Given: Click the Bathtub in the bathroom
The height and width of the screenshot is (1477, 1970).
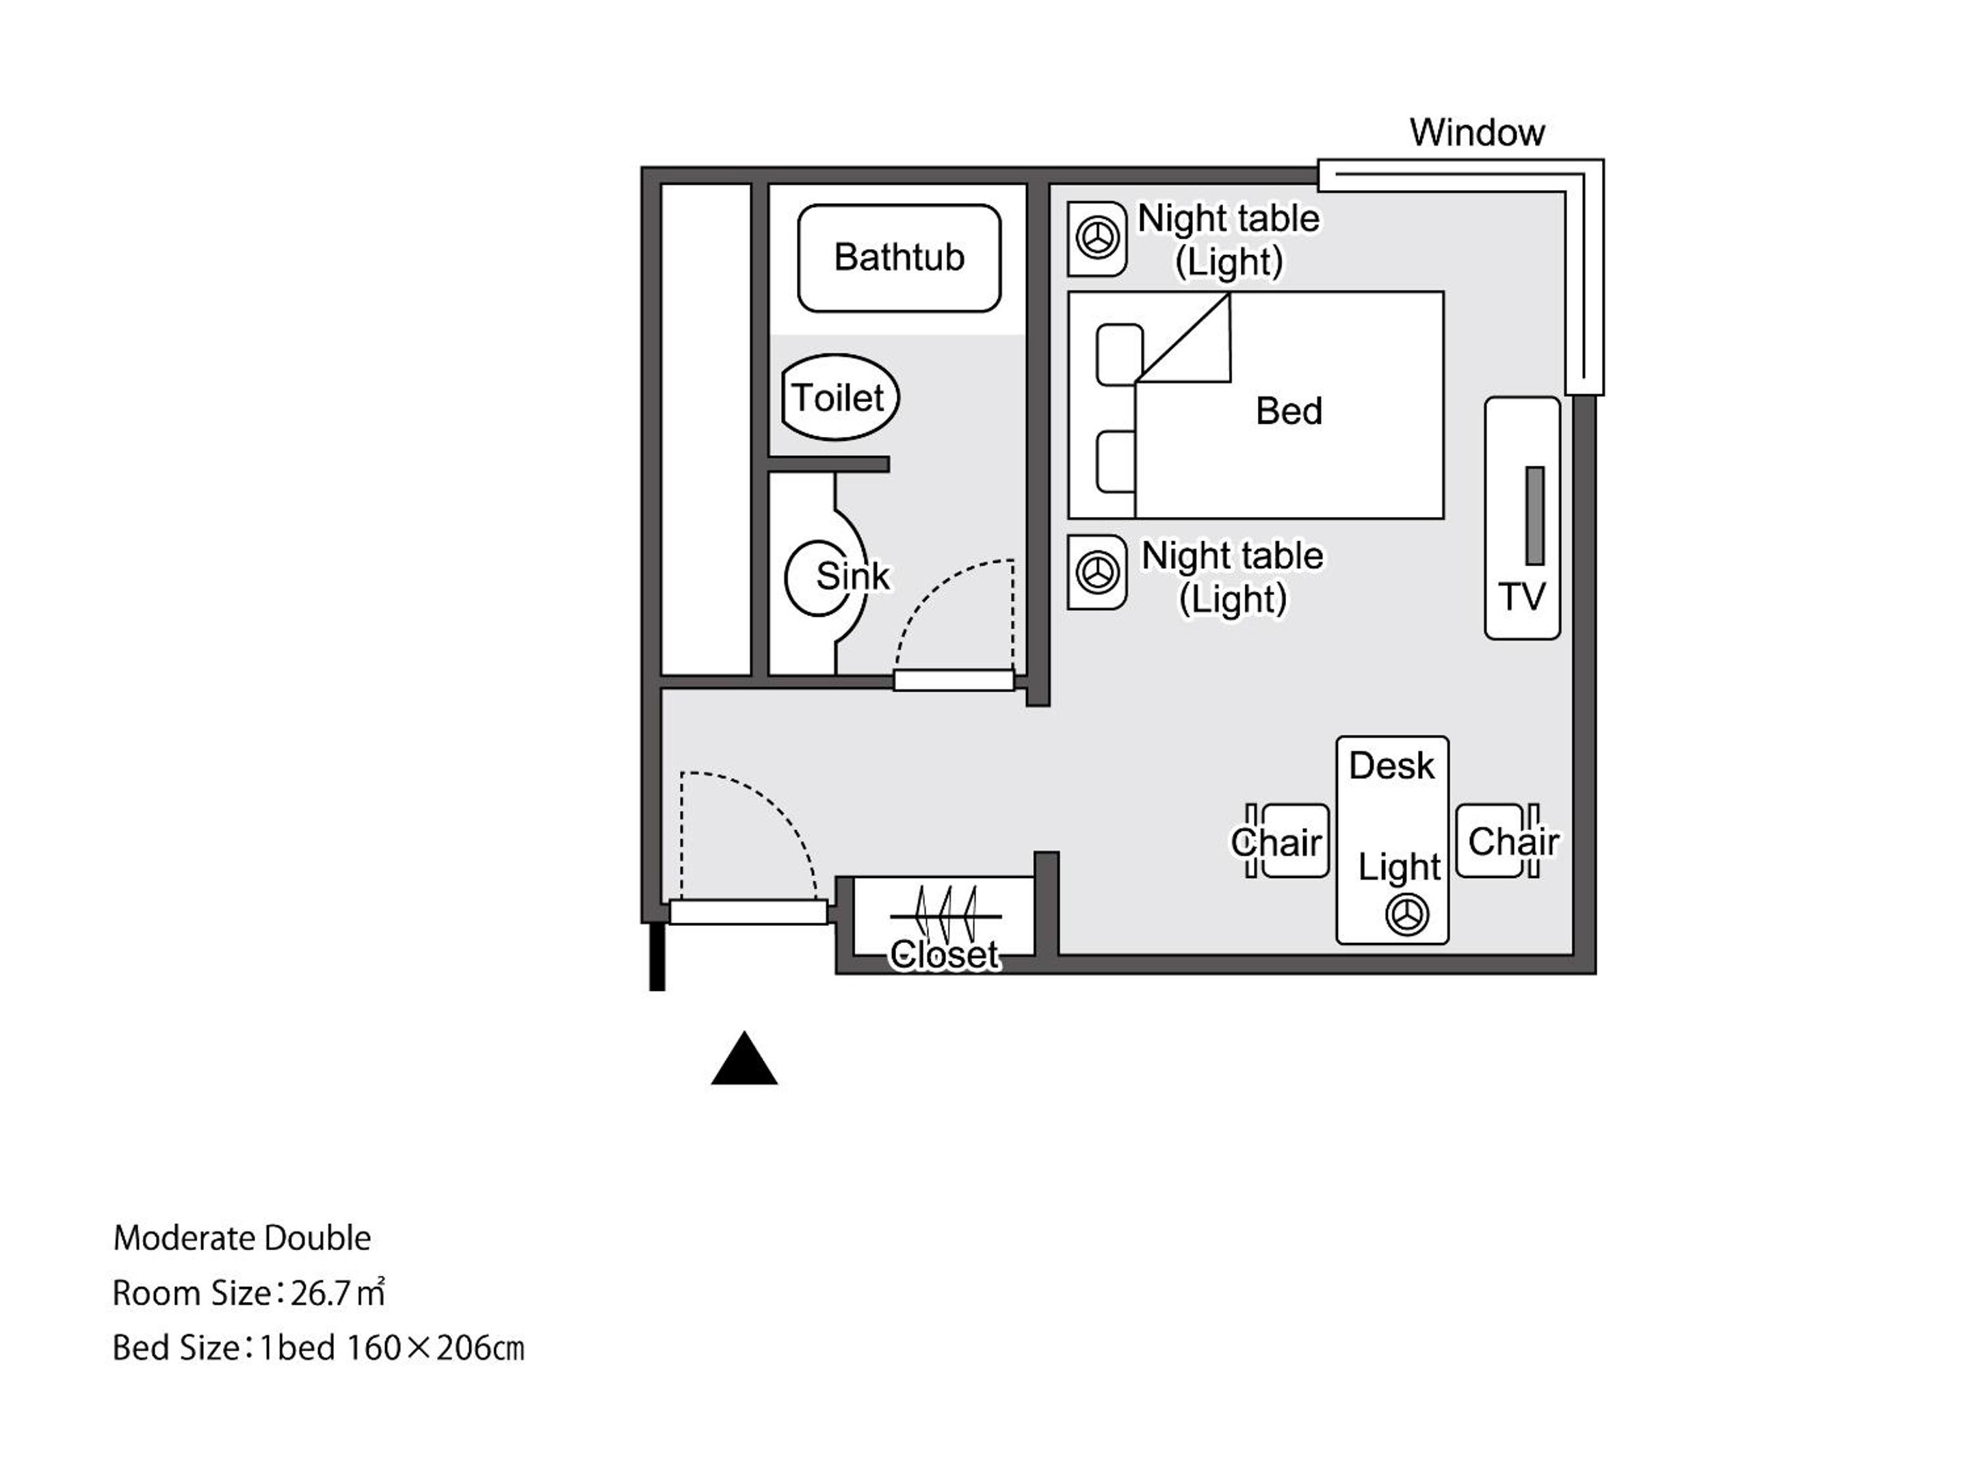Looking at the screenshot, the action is [x=899, y=258].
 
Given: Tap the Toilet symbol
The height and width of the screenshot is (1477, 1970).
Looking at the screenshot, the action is [x=840, y=397].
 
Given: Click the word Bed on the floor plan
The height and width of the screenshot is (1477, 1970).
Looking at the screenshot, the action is [x=1289, y=412].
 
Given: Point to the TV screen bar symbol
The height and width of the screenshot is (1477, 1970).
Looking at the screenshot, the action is [x=1534, y=516].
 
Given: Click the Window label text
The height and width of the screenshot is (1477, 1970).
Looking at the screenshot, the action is [x=1477, y=133].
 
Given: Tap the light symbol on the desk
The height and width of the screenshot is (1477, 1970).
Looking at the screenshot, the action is [x=1407, y=914].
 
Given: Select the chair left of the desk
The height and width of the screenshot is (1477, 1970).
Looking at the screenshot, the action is [x=1289, y=840].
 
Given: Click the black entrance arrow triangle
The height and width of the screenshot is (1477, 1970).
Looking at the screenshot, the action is [x=744, y=1059].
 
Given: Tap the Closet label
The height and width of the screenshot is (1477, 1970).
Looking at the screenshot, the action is [x=944, y=955].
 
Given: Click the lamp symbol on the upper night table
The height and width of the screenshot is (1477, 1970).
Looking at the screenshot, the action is [x=1097, y=238].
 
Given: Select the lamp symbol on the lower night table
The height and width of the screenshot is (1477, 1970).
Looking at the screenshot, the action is [x=1097, y=572].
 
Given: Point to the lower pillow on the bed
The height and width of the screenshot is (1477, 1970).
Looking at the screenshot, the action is [x=1116, y=461].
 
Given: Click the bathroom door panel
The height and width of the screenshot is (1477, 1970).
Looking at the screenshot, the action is [x=954, y=680].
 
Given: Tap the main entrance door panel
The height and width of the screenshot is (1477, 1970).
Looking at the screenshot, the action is [x=748, y=912].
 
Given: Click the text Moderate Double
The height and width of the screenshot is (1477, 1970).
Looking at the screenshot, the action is [x=241, y=1238].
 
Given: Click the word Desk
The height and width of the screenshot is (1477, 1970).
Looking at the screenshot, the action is [x=1391, y=766].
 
